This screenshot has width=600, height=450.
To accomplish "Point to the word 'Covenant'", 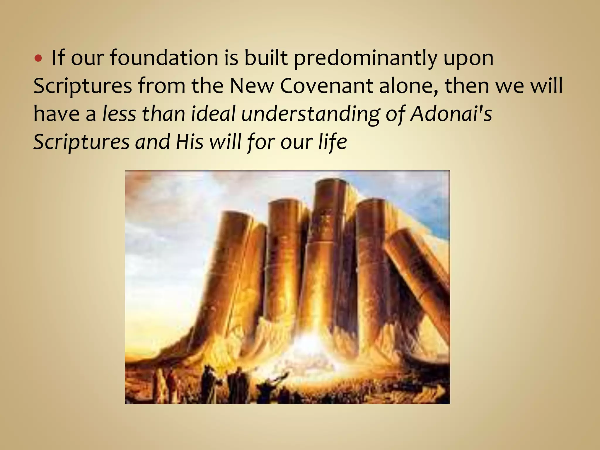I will click(326, 86).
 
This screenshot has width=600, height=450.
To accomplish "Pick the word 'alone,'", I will click(409, 86).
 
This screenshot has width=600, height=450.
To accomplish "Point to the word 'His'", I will click(190, 142).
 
